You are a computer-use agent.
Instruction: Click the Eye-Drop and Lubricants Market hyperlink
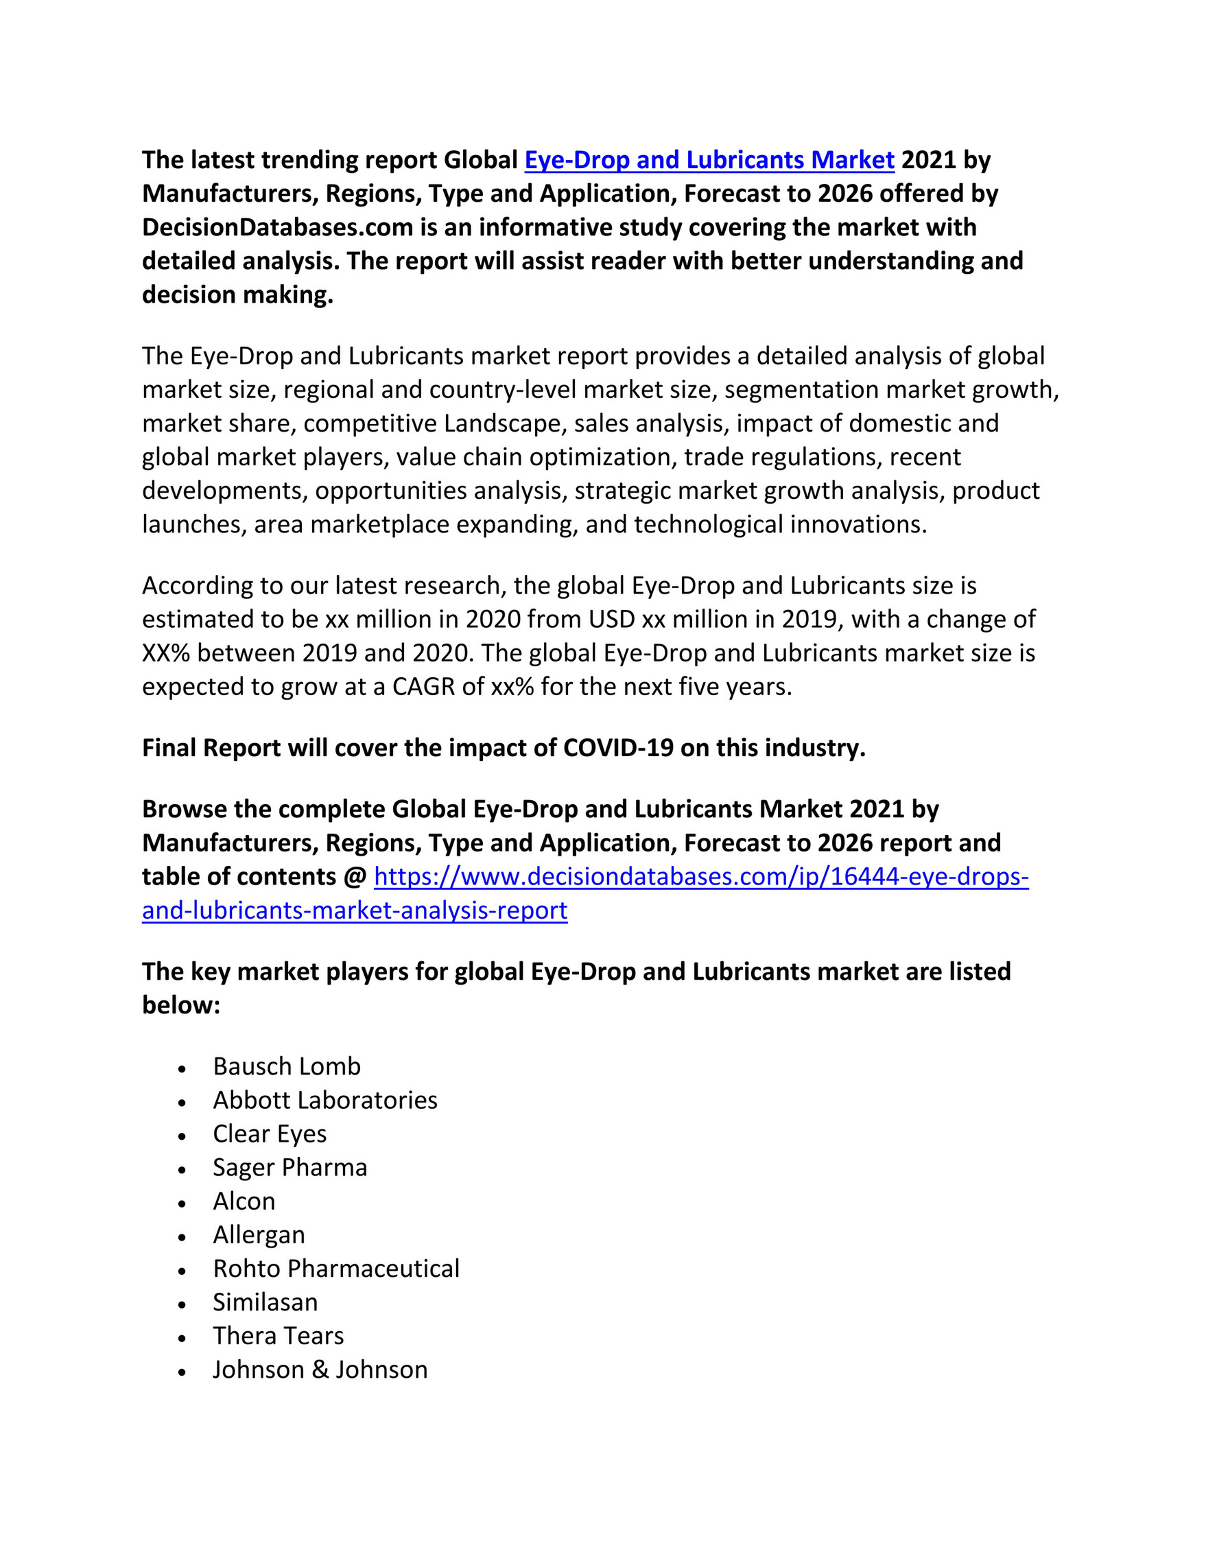tap(709, 160)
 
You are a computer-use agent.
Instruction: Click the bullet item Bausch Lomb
tap(287, 1066)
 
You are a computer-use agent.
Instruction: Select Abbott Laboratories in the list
tap(325, 1100)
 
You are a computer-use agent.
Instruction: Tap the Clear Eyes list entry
tap(270, 1134)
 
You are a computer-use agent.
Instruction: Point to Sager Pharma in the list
tap(289, 1167)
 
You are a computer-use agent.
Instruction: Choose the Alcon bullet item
tap(244, 1201)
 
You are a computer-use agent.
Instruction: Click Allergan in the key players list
tap(259, 1235)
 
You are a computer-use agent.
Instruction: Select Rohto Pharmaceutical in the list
tap(335, 1269)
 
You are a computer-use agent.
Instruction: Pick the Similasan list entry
tap(265, 1302)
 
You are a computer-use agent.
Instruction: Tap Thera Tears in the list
tap(278, 1336)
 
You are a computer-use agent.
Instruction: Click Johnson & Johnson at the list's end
tap(320, 1370)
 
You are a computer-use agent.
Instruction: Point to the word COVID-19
tap(618, 748)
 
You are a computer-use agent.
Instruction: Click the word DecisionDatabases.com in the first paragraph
tap(278, 227)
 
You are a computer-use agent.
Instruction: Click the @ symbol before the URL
tap(355, 877)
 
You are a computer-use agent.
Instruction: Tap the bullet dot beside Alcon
tap(183, 1204)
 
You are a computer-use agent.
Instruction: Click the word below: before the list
tap(180, 1006)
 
